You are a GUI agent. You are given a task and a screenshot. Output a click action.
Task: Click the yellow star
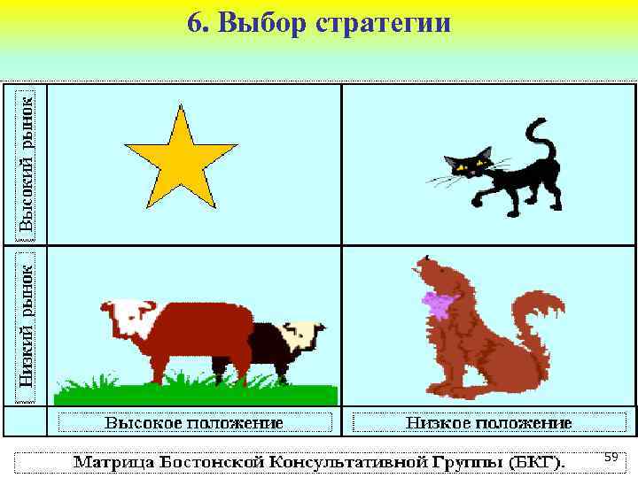(181, 158)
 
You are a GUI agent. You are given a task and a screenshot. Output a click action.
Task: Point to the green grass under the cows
(195, 389)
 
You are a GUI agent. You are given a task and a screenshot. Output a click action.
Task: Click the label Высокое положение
(195, 422)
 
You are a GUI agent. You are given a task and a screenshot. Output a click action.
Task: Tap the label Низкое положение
(489, 422)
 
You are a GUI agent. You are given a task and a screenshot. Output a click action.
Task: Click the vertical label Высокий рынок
(27, 163)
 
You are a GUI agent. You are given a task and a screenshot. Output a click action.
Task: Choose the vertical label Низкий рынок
(27, 322)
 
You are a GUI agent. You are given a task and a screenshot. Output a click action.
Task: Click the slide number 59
(611, 457)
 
